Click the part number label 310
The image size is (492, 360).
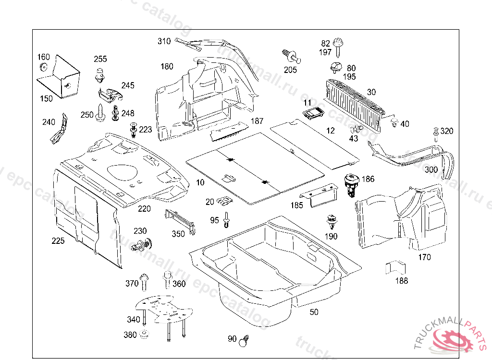tap(164, 41)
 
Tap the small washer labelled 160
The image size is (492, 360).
tap(44, 67)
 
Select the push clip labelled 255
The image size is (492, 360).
tap(100, 74)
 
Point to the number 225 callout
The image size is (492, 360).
tap(58, 240)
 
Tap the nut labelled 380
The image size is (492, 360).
tap(144, 334)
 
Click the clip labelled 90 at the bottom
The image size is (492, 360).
tap(246, 340)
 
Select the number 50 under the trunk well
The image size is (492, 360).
tap(314, 312)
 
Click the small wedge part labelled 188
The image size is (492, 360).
tap(395, 268)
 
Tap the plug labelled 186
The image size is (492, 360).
tap(352, 184)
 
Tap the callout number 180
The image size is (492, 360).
tap(167, 66)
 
